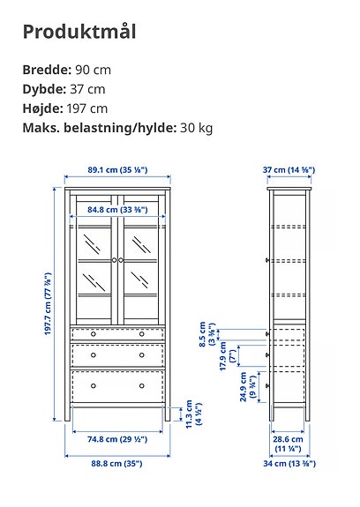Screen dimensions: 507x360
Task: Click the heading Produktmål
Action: pos(79,33)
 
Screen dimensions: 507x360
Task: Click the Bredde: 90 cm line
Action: pos(67,70)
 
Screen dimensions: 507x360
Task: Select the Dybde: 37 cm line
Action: pos(64,89)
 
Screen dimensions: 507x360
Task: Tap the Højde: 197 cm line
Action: pos(65,108)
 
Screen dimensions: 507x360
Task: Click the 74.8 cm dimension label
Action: pos(116,438)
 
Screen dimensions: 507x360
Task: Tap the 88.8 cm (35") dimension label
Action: pos(116,463)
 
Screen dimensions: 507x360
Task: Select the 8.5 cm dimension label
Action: pos(204,335)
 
